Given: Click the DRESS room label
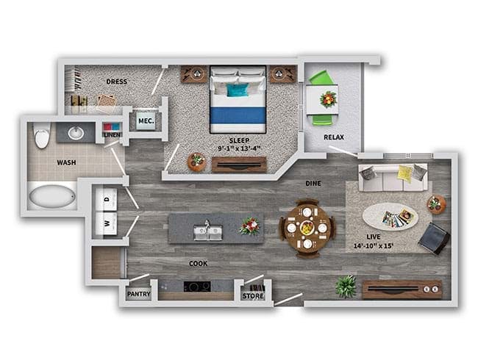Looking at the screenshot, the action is click(116, 82).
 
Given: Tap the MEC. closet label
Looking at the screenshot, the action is click(146, 121).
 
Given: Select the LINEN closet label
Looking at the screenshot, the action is click(113, 135).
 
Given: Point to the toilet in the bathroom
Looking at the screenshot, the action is click(42, 135).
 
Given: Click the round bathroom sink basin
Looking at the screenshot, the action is click(76, 133).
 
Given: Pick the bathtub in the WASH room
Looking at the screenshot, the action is click(52, 196).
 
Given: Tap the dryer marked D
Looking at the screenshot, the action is click(107, 199).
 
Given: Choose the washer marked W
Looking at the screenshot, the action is click(107, 223).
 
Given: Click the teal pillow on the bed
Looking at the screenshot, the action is click(238, 90).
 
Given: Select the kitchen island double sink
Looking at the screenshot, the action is click(208, 232).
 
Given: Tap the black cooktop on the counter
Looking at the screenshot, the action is click(197, 287).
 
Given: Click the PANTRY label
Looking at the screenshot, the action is click(139, 294).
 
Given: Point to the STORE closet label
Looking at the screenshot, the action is click(253, 296).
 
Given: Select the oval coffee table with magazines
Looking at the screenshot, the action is click(390, 217).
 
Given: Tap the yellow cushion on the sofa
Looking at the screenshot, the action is click(406, 173).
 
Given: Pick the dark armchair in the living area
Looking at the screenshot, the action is click(434, 238).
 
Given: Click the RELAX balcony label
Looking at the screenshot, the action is click(334, 137).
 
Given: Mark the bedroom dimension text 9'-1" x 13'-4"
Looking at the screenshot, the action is click(240, 148).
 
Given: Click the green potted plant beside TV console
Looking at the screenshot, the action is click(346, 287).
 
